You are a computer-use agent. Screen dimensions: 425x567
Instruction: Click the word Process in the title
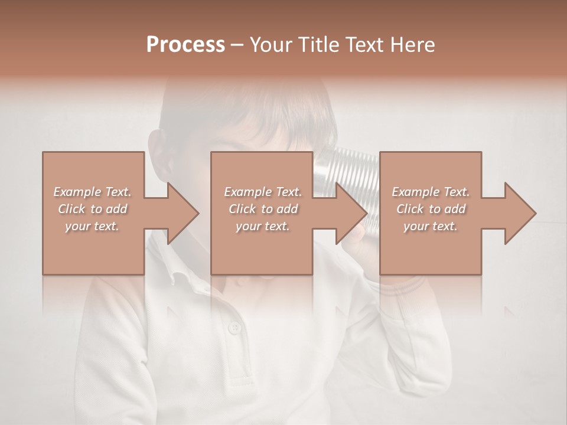[x=185, y=45]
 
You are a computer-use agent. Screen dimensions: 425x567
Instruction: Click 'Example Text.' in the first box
[x=92, y=192]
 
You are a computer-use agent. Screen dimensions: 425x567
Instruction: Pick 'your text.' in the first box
[x=92, y=226]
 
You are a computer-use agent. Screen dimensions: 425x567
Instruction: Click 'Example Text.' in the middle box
[x=262, y=192]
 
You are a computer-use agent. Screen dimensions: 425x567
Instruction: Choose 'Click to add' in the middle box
[x=262, y=209]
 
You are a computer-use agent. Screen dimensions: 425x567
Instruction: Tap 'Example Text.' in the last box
[x=431, y=192]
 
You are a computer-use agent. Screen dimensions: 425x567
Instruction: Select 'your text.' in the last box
[x=431, y=226]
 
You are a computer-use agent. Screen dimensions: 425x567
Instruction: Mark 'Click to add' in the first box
[x=92, y=209]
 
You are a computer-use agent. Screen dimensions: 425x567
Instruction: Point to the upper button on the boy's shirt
[x=235, y=327]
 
